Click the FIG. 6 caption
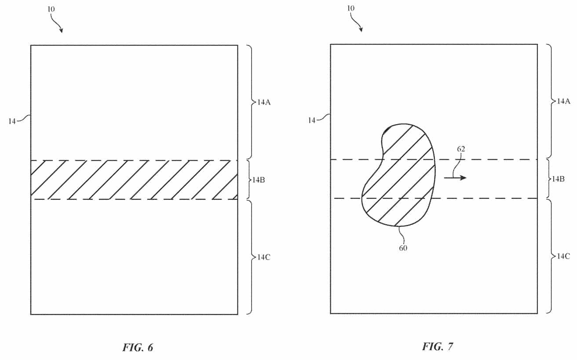[x=138, y=347]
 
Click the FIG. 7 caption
[x=438, y=346]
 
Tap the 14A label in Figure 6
[x=264, y=102]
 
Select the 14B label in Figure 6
[x=258, y=180]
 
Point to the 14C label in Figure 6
[x=264, y=257]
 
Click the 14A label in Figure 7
[x=564, y=101]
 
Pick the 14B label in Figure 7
[x=558, y=179]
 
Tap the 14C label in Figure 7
[x=563, y=256]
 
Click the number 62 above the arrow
[x=461, y=149]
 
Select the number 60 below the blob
[x=403, y=248]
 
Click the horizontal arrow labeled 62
[x=455, y=178]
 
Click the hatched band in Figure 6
[x=134, y=180]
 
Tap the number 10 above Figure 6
[x=51, y=9]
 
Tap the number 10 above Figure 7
[x=351, y=8]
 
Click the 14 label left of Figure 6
[x=12, y=121]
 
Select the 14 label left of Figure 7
[x=312, y=120]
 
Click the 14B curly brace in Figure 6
[x=249, y=180]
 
